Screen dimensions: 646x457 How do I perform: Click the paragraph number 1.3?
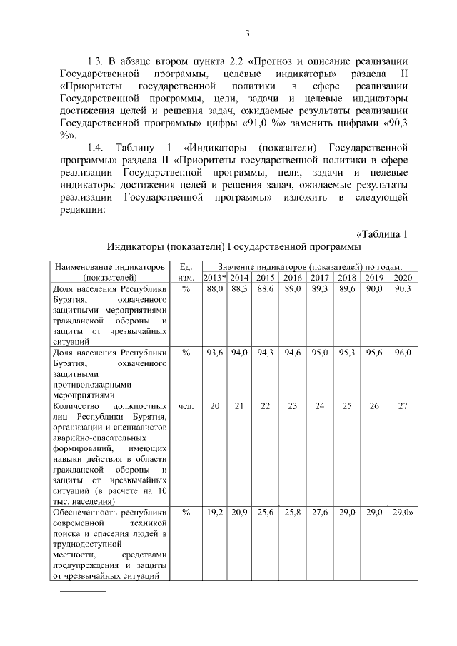coord(96,59)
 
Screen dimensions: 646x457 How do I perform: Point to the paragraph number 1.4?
coord(96,148)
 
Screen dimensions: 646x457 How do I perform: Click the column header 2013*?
coord(214,277)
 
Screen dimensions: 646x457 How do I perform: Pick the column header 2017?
coord(320,277)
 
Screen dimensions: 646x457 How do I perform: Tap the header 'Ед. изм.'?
coord(185,271)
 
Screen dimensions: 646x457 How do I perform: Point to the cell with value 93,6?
coord(214,352)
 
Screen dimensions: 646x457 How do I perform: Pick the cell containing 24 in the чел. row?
coord(320,405)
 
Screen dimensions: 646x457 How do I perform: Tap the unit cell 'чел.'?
coord(185,405)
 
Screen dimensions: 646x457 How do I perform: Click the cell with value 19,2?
coord(214,512)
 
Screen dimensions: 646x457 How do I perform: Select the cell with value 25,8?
coord(292,512)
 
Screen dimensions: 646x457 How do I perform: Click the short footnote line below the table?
coord(81,591)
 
